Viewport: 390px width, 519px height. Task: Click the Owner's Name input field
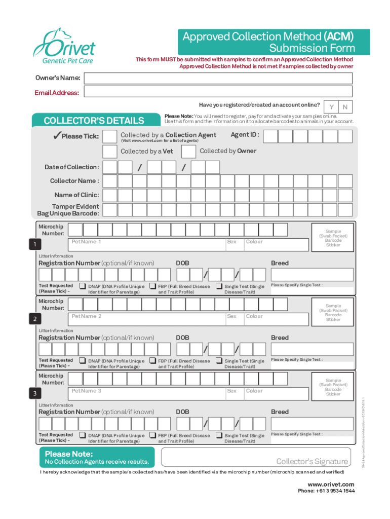[x=218, y=78]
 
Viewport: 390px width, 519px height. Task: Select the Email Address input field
[x=218, y=92]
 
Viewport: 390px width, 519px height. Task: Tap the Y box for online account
[x=331, y=107]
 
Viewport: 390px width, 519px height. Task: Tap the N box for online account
[x=345, y=107]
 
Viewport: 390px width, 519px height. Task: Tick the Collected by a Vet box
[x=110, y=152]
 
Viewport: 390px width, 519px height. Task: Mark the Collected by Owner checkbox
[x=188, y=152]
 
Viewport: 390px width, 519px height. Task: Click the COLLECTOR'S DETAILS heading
[x=94, y=121]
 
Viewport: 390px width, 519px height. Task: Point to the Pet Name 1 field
[x=147, y=244]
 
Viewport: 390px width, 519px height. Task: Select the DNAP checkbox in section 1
[x=82, y=286]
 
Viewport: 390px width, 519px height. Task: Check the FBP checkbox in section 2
[x=152, y=360]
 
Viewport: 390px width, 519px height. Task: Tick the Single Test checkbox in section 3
[x=219, y=435]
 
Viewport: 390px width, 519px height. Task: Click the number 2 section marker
[x=34, y=319]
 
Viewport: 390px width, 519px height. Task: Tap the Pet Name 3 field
[x=147, y=393]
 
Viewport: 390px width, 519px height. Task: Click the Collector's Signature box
[x=256, y=457]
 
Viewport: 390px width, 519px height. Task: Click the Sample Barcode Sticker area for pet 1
[x=333, y=238]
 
